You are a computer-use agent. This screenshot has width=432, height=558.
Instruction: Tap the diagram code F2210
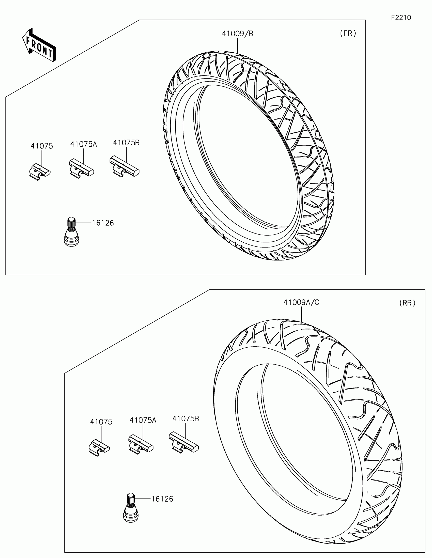401,18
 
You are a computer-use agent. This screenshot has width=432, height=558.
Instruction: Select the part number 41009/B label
237,34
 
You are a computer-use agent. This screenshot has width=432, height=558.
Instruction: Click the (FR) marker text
348,33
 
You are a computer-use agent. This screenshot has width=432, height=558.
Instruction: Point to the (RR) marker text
407,303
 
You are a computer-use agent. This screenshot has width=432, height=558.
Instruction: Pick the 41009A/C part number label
301,303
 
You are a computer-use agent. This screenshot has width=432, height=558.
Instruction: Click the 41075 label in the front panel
42,146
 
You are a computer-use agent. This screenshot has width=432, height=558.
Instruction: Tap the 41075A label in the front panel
84,144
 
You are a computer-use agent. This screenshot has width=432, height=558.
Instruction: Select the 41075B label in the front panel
126,143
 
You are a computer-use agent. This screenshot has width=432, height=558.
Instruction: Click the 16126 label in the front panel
103,223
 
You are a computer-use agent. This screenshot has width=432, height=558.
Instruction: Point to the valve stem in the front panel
71,231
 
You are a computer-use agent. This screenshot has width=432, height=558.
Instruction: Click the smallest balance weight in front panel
39,171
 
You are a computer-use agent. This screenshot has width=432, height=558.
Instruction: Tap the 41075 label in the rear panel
101,422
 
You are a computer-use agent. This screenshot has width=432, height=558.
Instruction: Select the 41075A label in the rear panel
143,420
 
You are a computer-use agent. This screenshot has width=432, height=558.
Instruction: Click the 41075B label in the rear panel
186,419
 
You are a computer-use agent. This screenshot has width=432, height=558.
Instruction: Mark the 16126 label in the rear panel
162,499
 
